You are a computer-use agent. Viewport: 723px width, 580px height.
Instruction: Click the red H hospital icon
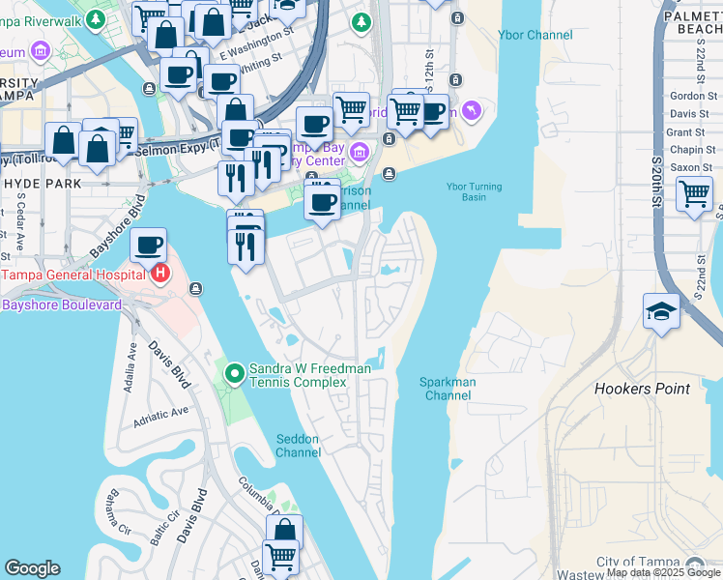click(159, 275)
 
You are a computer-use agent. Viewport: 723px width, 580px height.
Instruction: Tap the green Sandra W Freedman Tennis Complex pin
click(234, 372)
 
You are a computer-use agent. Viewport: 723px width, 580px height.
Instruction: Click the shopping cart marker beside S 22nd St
click(695, 194)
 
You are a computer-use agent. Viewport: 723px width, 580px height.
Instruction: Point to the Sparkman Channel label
click(448, 389)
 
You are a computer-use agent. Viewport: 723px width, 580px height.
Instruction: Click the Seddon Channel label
click(298, 446)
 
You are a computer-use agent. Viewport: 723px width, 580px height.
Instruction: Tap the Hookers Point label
click(642, 389)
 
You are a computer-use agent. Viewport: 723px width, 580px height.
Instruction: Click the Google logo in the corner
click(32, 568)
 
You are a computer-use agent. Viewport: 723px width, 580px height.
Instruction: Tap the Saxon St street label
click(691, 167)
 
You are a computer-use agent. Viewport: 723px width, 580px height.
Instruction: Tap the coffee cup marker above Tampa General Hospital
click(148, 245)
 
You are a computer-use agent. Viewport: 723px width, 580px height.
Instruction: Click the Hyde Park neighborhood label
click(35, 183)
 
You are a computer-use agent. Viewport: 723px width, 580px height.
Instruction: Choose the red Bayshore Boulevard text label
click(62, 304)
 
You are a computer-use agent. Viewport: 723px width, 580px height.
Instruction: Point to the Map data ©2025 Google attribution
click(663, 572)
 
